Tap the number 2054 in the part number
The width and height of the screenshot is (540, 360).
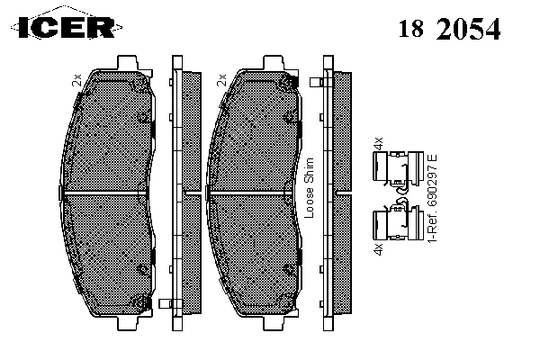pos(468,28)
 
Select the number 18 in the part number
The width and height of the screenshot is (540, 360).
pos(411,28)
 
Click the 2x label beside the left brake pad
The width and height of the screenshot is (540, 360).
pos(76,80)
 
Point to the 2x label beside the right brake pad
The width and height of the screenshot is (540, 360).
pos(221,80)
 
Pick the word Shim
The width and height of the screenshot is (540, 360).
pos(310,170)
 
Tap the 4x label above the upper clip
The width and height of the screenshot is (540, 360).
pos(378,143)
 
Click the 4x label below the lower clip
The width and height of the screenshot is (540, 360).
pos(378,249)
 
